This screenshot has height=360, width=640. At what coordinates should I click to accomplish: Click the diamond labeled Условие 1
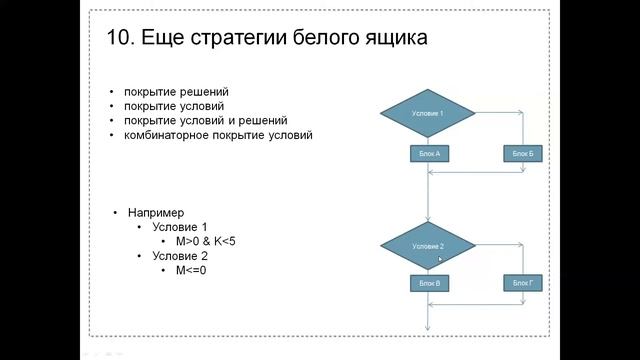pyautogui.click(x=427, y=114)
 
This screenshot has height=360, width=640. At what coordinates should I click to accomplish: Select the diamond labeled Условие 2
pyautogui.click(x=427, y=245)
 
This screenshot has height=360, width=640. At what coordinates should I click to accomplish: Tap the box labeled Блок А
pyautogui.click(x=427, y=153)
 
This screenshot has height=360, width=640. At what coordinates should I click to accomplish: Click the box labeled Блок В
pyautogui.click(x=427, y=284)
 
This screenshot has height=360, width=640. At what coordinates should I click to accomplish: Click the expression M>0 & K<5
pyautogui.click(x=204, y=241)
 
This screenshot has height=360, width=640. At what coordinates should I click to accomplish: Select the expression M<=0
pyautogui.click(x=191, y=270)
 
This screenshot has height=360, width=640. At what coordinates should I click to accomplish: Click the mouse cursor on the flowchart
pyautogui.click(x=440, y=259)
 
